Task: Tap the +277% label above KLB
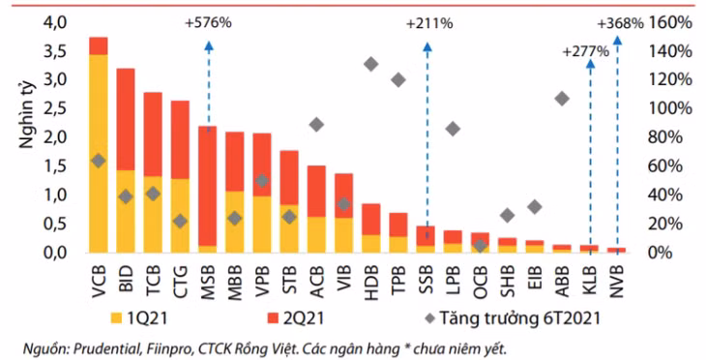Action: (585, 51)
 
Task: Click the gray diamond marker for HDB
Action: (370, 64)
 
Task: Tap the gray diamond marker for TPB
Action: (397, 79)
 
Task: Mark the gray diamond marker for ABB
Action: (562, 99)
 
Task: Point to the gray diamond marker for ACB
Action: (316, 124)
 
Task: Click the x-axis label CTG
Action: (180, 277)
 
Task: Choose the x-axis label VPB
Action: (262, 277)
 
